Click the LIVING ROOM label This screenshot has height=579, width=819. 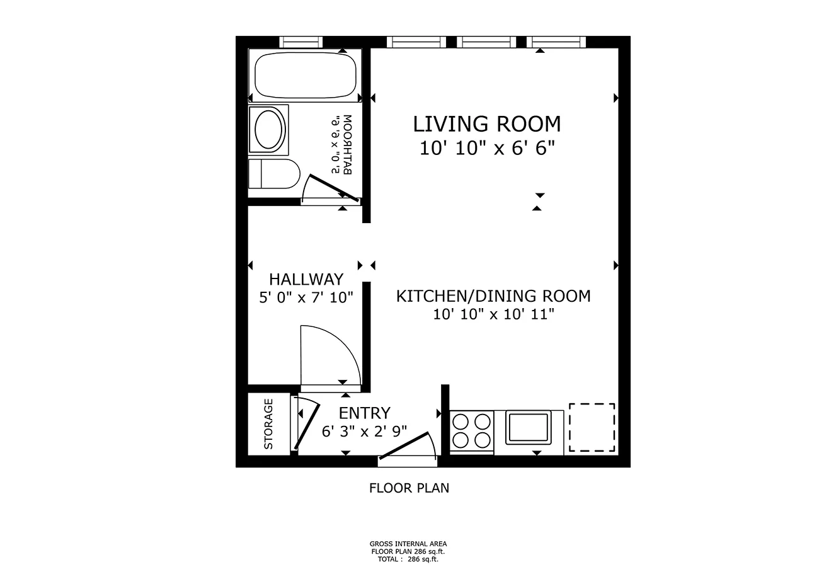[x=486, y=123]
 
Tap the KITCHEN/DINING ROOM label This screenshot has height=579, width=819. [x=493, y=295]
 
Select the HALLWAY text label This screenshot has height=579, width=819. [x=306, y=279]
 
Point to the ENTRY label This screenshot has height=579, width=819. [x=364, y=413]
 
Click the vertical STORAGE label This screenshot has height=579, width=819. [x=268, y=424]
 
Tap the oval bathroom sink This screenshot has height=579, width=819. [x=270, y=130]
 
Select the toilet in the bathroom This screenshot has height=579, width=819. [x=273, y=174]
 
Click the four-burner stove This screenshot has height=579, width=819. [x=471, y=430]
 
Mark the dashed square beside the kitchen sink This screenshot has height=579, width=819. [x=592, y=427]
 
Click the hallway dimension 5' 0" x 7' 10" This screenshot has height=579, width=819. [x=306, y=297]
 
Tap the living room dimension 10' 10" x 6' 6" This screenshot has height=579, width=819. [x=486, y=149]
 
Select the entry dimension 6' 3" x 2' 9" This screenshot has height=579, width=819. [x=364, y=432]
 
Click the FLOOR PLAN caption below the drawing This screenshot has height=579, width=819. [x=409, y=488]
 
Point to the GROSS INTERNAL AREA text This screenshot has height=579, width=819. [x=408, y=544]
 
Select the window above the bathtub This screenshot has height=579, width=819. [x=301, y=42]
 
